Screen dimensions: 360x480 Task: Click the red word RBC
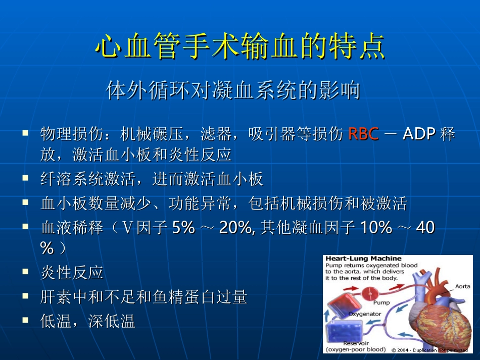[364, 134]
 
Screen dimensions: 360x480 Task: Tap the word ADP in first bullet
[419, 134]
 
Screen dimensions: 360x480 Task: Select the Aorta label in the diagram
[462, 286]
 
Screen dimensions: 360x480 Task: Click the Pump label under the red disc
[381, 303]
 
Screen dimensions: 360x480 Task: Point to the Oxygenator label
[365, 314]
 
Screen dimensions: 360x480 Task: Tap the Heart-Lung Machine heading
[363, 259]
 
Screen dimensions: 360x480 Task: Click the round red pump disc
[374, 292]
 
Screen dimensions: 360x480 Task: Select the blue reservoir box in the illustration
[345, 332]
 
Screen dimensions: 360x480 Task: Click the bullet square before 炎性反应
[25, 272]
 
